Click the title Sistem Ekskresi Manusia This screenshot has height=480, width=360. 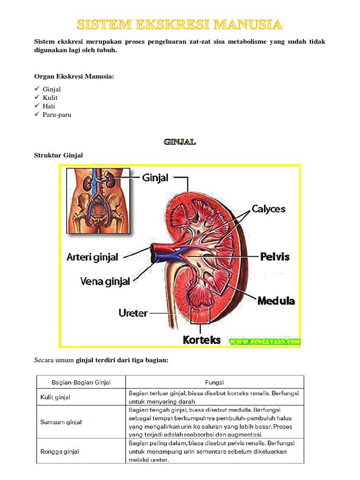pos(180,24)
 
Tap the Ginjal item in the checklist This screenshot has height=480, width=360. pos(52,89)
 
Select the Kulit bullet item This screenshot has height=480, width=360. pos(50,97)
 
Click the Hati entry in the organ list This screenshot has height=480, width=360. pos(49,106)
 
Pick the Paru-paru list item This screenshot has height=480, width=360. pos(57,114)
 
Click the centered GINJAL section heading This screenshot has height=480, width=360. pos(180,142)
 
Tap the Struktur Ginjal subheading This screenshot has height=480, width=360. pos(59,155)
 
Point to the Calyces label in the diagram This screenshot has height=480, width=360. pos(268,209)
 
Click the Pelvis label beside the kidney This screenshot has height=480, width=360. pos(275,256)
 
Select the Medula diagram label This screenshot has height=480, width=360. pos(276,301)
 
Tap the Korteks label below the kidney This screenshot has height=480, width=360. pos(202,340)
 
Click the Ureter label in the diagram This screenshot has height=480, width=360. pos(133,313)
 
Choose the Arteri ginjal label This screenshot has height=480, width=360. pos(92,257)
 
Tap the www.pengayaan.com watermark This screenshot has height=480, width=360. pos(265,342)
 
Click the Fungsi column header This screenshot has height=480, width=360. pos(214,382)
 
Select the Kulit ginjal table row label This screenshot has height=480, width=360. pos(55,397)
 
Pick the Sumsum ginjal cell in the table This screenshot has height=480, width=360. pos(61,422)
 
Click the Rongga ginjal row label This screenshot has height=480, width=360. pos(60,451)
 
